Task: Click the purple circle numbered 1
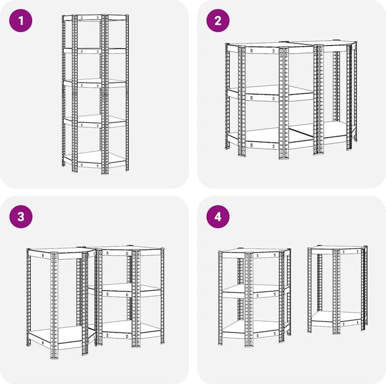[21, 20]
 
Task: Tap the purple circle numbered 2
[218, 20]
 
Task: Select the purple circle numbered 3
[21, 217]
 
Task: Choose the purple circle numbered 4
[218, 217]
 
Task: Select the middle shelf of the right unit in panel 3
[125, 290]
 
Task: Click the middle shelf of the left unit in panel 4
[255, 291]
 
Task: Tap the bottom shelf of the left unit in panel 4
[255, 329]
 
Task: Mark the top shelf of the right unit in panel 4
[337, 249]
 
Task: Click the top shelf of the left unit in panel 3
[62, 253]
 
